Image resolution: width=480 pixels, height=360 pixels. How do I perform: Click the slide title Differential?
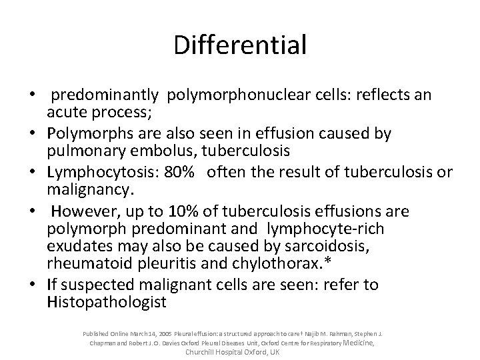pyautogui.click(x=240, y=45)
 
